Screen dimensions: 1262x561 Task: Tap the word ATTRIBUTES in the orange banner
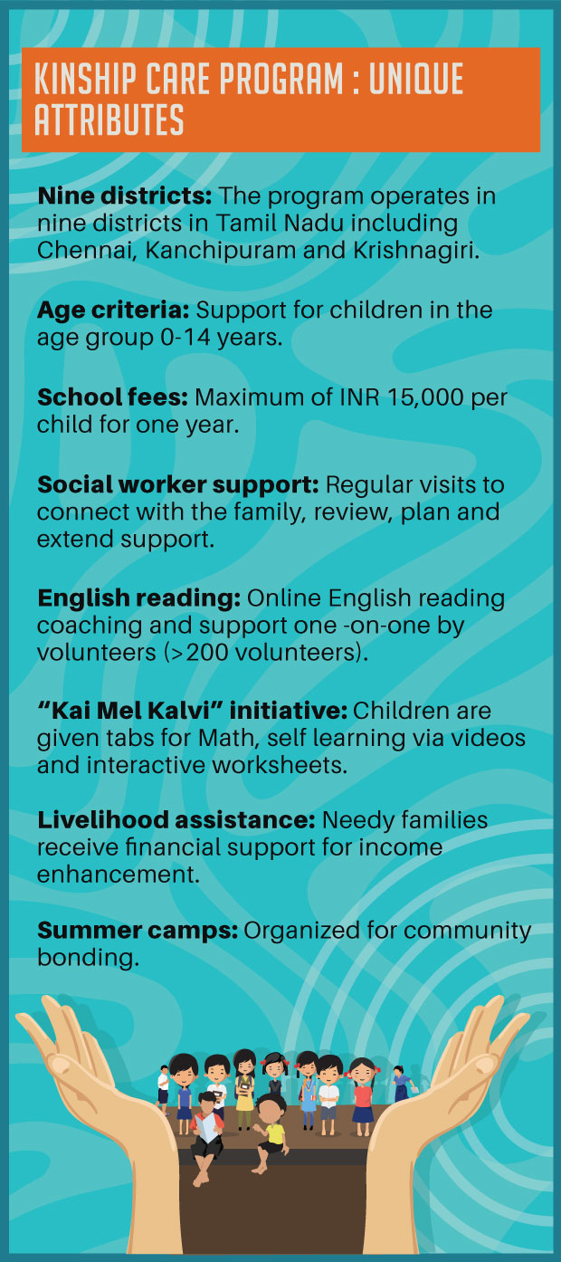(x=109, y=120)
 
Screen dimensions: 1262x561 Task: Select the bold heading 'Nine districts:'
(x=124, y=196)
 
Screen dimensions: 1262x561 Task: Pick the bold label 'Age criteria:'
(x=113, y=310)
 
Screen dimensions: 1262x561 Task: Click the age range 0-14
(x=184, y=338)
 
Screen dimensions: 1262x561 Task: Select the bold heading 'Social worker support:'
(x=177, y=484)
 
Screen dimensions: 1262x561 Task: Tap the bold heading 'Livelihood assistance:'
(x=176, y=821)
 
